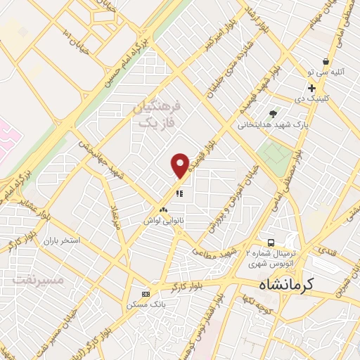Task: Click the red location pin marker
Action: click(x=181, y=165)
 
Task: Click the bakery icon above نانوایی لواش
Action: click(x=163, y=210)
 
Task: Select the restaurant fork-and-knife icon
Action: click(x=179, y=192)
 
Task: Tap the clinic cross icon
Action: click(x=311, y=88)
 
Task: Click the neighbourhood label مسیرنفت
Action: click(x=39, y=279)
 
